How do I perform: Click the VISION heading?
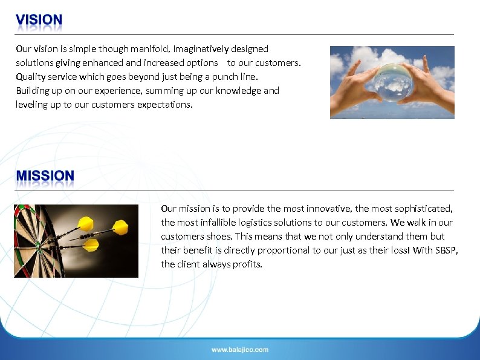(x=39, y=21)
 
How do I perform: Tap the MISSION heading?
(x=45, y=176)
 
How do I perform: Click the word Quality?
(x=31, y=77)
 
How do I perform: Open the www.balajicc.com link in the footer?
(x=240, y=350)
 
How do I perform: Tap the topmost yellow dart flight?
(x=86, y=224)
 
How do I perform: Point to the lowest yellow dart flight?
(x=91, y=245)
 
